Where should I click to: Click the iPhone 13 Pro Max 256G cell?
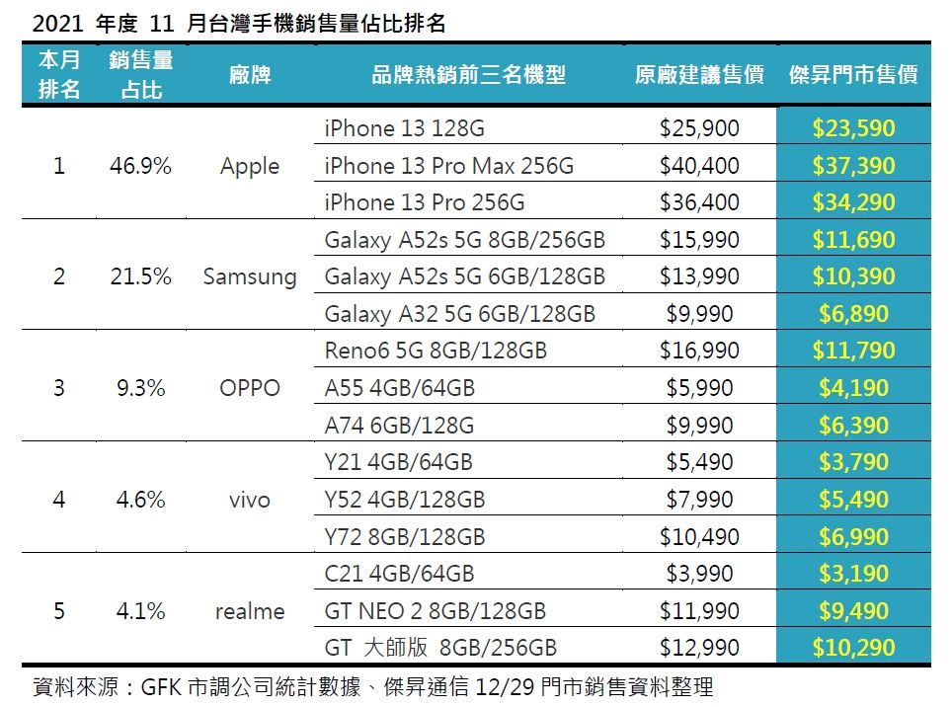click(448, 166)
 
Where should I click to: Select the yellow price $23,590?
click(853, 128)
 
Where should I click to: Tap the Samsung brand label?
click(250, 276)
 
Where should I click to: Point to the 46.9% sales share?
click(140, 166)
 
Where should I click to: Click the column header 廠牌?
click(250, 75)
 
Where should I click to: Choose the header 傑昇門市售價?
click(853, 75)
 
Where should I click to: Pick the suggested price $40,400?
click(699, 166)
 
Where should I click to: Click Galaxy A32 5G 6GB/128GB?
click(459, 314)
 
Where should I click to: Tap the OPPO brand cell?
click(250, 388)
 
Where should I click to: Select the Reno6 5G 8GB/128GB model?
click(436, 351)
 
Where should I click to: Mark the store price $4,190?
click(853, 388)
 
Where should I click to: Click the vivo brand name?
click(250, 500)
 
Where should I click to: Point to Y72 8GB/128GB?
click(405, 536)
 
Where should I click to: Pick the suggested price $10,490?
click(699, 536)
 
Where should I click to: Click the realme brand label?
click(250, 611)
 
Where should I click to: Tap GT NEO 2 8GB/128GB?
click(435, 611)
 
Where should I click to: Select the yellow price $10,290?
click(853, 649)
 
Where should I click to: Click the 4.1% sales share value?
click(140, 611)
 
